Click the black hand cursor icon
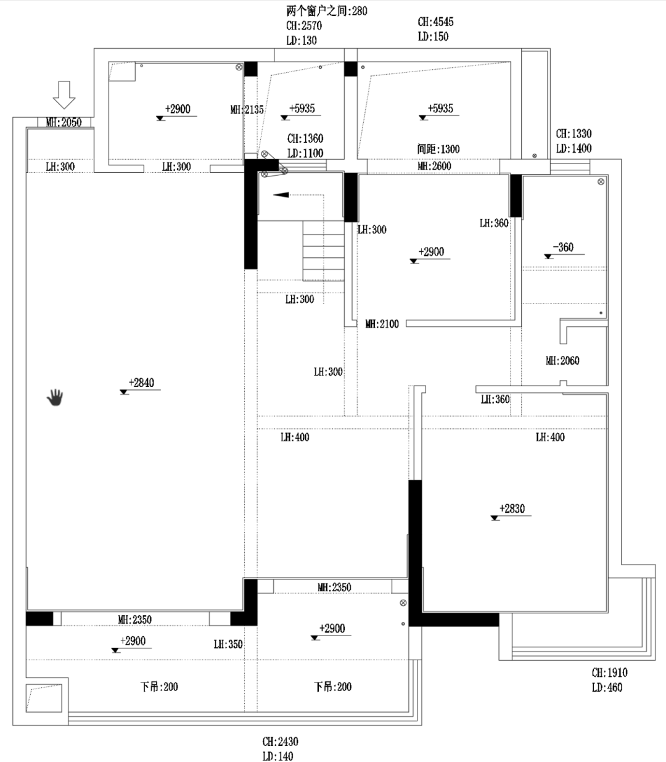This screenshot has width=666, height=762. pyautogui.click(x=55, y=398)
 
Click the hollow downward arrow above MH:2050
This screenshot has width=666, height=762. pyautogui.click(x=63, y=94)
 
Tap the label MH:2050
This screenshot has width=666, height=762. pyautogui.click(x=64, y=123)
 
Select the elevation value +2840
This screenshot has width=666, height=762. pyautogui.click(x=141, y=383)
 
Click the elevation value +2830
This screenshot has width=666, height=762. pyautogui.click(x=512, y=509)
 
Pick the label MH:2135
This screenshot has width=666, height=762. pyautogui.click(x=247, y=110)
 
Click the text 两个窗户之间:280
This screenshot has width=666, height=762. pyautogui.click(x=327, y=11)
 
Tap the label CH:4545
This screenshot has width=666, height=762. pyautogui.click(x=435, y=22)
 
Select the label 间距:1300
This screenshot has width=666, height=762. pyautogui.click(x=438, y=149)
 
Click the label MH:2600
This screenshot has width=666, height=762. pyautogui.click(x=434, y=166)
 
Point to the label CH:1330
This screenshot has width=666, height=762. pyautogui.click(x=573, y=134)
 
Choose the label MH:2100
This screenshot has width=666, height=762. pyautogui.click(x=382, y=324)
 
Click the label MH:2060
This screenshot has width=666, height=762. pyautogui.click(x=562, y=361)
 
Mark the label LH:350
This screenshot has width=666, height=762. pyautogui.click(x=228, y=645)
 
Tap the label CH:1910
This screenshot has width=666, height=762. pyautogui.click(x=609, y=673)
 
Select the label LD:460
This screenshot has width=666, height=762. pyautogui.click(x=607, y=688)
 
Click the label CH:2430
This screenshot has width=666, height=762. pyautogui.click(x=280, y=742)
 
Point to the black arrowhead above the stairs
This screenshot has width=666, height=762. pyautogui.click(x=281, y=195)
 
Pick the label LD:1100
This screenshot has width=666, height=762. pyautogui.click(x=305, y=153)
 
